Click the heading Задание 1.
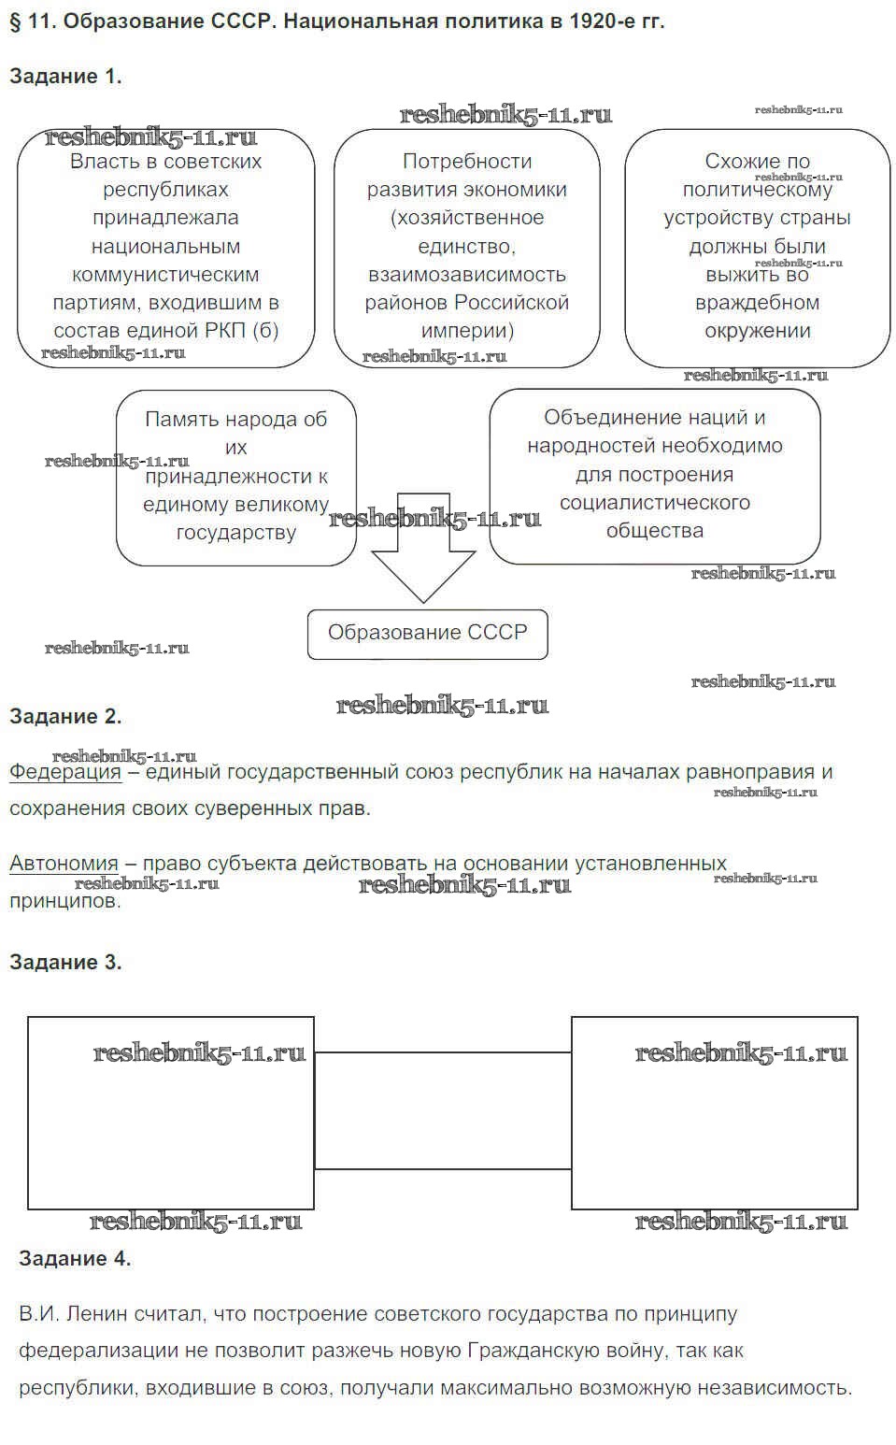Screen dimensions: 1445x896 tap(65, 77)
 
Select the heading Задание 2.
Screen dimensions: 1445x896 tap(65, 717)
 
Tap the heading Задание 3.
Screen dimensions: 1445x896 tap(65, 963)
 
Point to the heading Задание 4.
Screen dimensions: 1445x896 tap(75, 1259)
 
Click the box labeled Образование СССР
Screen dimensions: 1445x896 tap(427, 634)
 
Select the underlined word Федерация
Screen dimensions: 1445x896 tap(65, 772)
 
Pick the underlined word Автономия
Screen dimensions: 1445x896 tap(64, 864)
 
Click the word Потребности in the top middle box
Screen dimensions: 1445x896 tap(467, 162)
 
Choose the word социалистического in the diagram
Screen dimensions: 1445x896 tap(655, 503)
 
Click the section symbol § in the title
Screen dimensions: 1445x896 tap(15, 21)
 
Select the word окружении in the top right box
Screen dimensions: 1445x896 tap(758, 331)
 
